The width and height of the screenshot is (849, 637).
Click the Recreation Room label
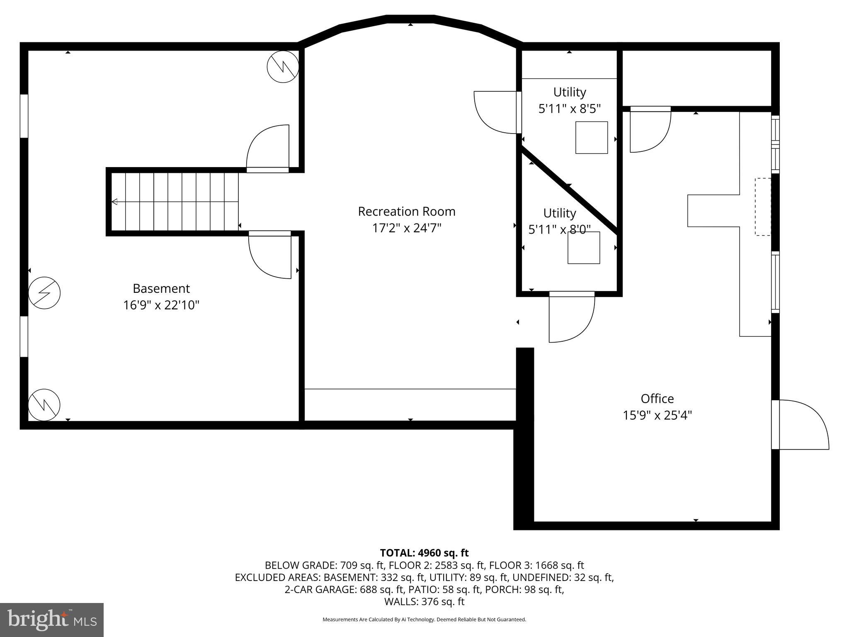click(x=406, y=212)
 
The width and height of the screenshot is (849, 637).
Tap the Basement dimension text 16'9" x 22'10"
click(x=161, y=305)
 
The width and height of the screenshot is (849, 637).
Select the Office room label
click(x=657, y=399)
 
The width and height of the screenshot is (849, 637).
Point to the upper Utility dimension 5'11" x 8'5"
click(x=569, y=109)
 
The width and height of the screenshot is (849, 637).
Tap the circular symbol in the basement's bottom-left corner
click(x=44, y=405)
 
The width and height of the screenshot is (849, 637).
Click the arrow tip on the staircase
click(x=114, y=202)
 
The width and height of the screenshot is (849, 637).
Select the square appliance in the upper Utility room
click(x=591, y=138)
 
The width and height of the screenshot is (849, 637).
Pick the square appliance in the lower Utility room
click(x=584, y=248)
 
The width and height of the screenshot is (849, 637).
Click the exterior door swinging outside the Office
click(x=800, y=424)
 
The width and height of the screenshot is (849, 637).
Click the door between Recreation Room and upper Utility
click(x=496, y=112)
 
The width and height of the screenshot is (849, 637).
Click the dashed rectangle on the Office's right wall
click(x=763, y=207)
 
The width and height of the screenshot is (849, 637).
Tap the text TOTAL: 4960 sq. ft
click(x=424, y=553)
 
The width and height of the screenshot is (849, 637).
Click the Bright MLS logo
click(x=51, y=620)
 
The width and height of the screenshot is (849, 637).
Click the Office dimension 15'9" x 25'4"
click(x=657, y=415)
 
